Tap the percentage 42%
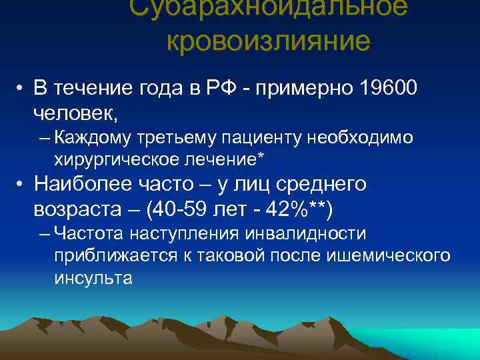297,209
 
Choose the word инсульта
93,278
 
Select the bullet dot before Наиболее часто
22,184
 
